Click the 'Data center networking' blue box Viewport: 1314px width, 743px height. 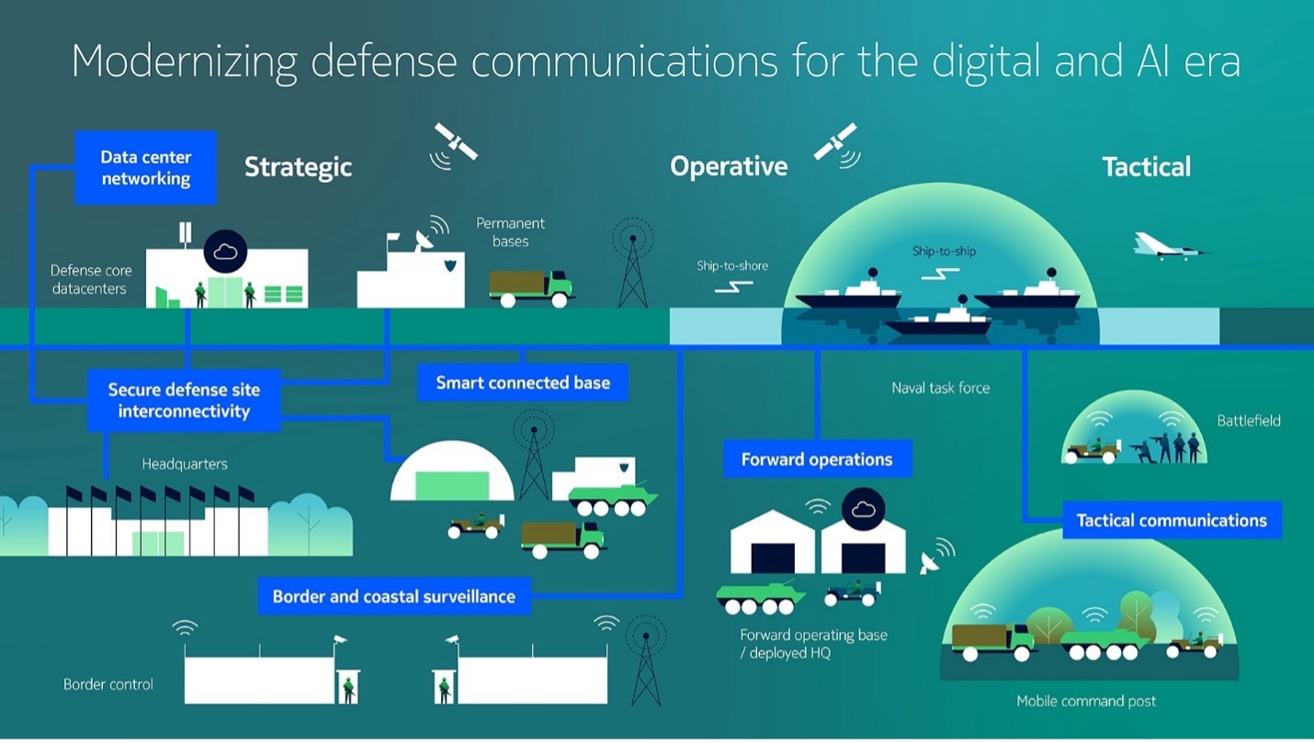(x=145, y=168)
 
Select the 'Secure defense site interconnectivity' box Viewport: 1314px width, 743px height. (x=184, y=400)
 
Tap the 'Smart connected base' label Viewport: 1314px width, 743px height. (x=523, y=383)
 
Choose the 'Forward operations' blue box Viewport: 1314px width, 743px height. (x=817, y=459)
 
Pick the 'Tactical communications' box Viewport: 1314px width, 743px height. (x=1172, y=521)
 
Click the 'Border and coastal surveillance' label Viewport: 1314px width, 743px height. (x=393, y=597)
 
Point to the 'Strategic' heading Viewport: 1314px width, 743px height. (x=298, y=167)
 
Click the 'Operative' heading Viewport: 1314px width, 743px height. (x=729, y=166)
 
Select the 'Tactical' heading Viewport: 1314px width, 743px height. (x=1146, y=167)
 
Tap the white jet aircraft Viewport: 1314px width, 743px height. (x=1168, y=245)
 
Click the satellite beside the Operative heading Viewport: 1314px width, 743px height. (x=835, y=143)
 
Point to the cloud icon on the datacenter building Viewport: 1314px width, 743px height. (x=225, y=251)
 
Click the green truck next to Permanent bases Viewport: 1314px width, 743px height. (x=530, y=287)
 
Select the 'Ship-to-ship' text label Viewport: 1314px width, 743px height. (x=944, y=251)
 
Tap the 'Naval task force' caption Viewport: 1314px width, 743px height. (x=940, y=388)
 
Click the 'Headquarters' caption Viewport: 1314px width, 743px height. (x=185, y=464)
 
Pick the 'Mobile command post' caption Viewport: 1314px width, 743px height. (x=1086, y=702)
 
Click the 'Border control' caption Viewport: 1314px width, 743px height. (x=108, y=684)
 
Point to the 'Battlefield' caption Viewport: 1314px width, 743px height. (x=1248, y=421)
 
